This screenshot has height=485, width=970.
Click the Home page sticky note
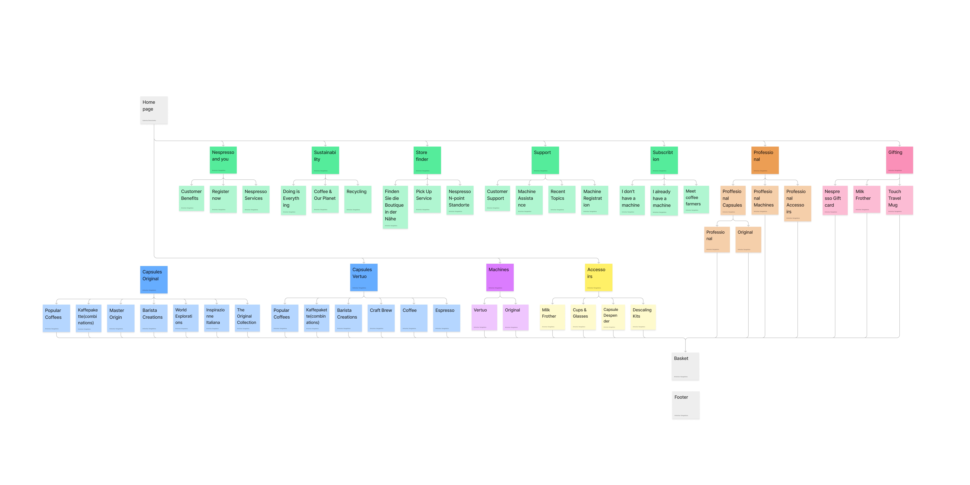coord(154,110)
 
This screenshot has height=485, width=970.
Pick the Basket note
coord(685,366)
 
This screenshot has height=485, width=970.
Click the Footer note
coord(686,405)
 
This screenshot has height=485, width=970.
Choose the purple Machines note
coord(500,277)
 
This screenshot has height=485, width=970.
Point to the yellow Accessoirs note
coord(598,277)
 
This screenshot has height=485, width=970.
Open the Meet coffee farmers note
coord(696,199)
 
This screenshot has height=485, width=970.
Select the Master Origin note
coord(121,318)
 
